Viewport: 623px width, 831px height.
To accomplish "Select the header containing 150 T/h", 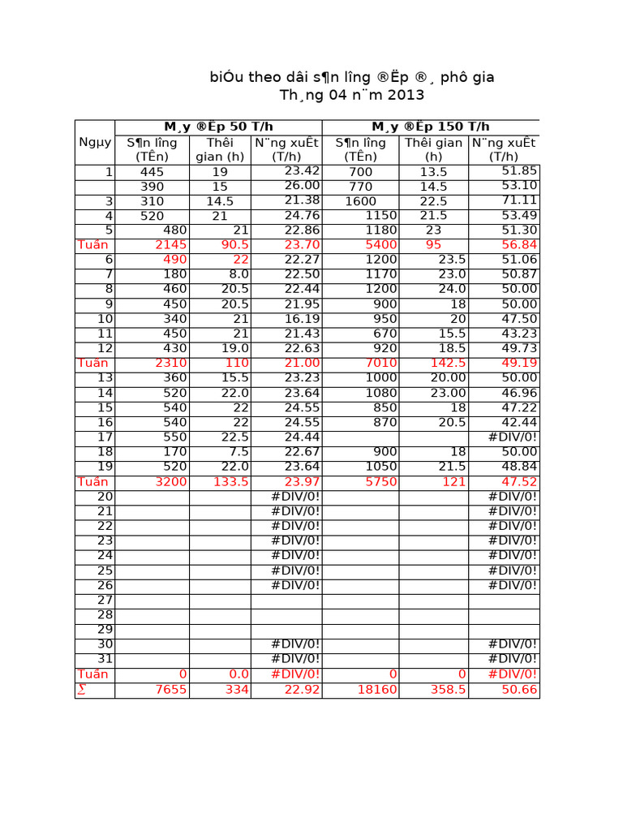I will pos(431,127).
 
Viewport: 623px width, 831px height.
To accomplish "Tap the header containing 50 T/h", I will pos(218,127).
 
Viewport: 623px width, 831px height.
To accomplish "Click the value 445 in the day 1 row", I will pos(152,172).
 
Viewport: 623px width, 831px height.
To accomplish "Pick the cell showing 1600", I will pos(361,201).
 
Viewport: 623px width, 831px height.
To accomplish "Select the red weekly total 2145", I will pos(170,245).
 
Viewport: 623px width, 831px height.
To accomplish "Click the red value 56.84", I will pos(519,245).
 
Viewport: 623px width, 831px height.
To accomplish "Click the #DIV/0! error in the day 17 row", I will pos(513,437).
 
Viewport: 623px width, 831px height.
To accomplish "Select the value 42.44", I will pos(519,422).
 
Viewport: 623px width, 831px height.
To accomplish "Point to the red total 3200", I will pos(170,482).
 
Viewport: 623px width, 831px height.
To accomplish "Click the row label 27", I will pos(105,601).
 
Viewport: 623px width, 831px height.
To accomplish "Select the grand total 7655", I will pos(170,690).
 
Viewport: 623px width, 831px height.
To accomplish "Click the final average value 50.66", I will pos(519,690).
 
